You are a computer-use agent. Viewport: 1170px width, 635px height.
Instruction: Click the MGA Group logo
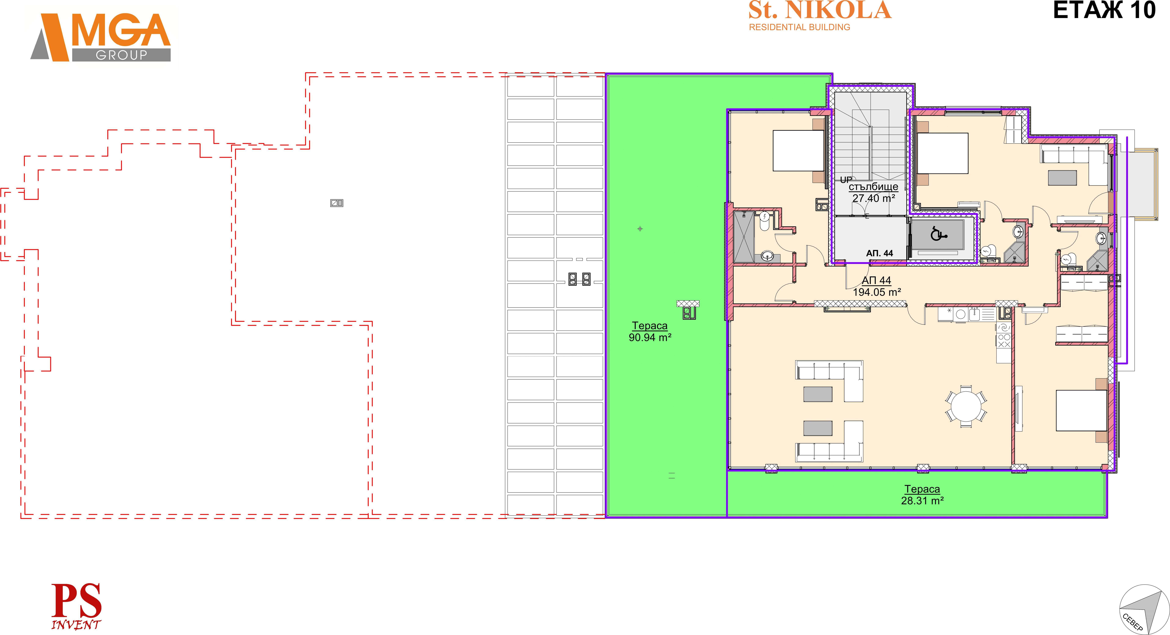[101, 37]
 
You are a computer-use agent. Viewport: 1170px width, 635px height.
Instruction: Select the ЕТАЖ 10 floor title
[1104, 10]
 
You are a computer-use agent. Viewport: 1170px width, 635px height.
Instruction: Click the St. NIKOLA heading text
[820, 10]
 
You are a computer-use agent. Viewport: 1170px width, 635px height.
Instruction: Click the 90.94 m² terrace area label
[650, 337]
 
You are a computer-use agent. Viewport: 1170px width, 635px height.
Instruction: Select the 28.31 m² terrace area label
[922, 501]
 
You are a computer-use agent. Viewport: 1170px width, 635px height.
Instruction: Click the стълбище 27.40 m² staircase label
[873, 192]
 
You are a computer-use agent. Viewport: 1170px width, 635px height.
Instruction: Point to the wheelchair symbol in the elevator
[938, 234]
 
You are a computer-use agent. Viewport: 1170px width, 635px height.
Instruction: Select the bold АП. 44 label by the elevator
[880, 253]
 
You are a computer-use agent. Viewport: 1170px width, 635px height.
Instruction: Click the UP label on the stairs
[846, 180]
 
